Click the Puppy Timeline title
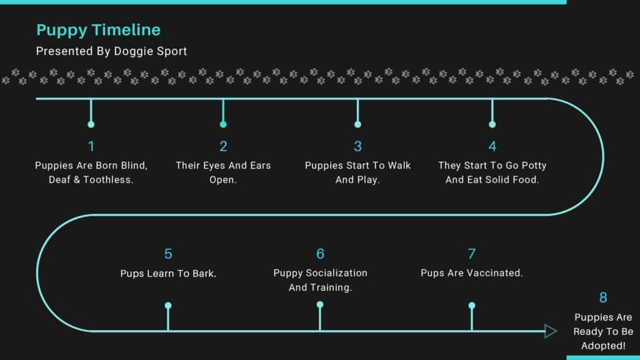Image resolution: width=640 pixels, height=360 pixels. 98,30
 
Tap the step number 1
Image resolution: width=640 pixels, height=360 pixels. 91,146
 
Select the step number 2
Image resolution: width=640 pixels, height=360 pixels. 223,146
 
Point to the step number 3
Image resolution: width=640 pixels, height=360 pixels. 357,146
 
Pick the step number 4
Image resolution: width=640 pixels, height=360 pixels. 492,146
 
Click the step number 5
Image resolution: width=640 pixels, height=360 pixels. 168,254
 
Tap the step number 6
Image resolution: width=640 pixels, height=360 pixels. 321,254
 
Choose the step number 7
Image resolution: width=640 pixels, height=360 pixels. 471,254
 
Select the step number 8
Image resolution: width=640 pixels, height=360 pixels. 603,297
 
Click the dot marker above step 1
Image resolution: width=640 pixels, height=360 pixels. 91,124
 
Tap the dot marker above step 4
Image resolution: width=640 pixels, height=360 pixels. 492,124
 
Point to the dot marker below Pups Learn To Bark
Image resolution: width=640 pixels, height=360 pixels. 168,305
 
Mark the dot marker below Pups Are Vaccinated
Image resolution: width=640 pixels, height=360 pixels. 472,305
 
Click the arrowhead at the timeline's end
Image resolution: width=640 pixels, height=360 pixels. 551,331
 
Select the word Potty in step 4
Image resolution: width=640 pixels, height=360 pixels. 534,166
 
